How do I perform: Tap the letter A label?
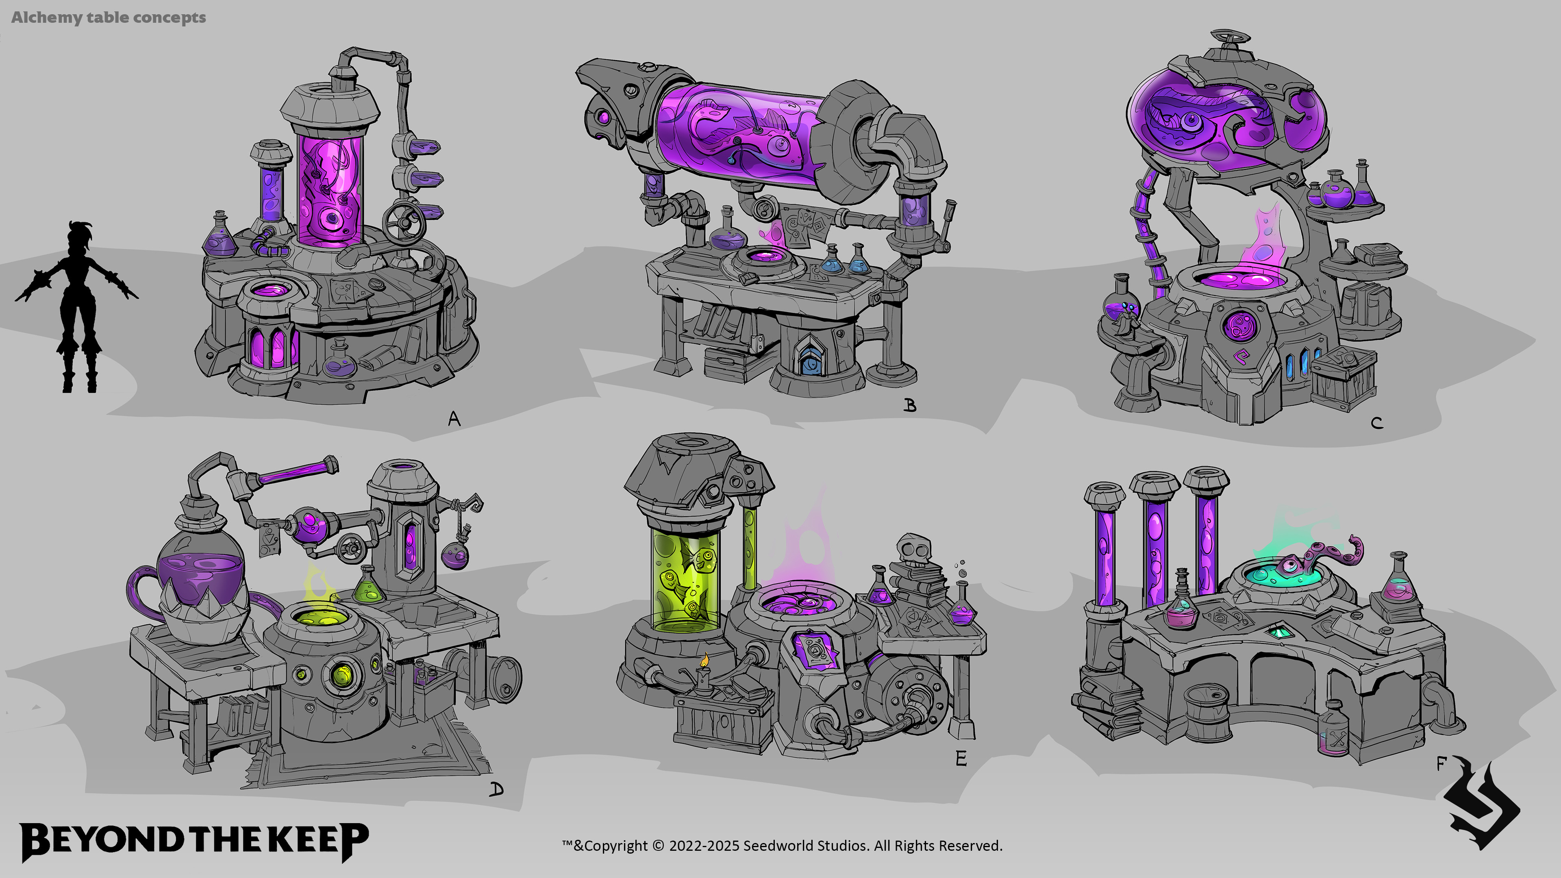pyautogui.click(x=454, y=419)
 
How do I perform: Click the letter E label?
pyautogui.click(x=961, y=758)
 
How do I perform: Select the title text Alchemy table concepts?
pyautogui.click(x=109, y=17)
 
